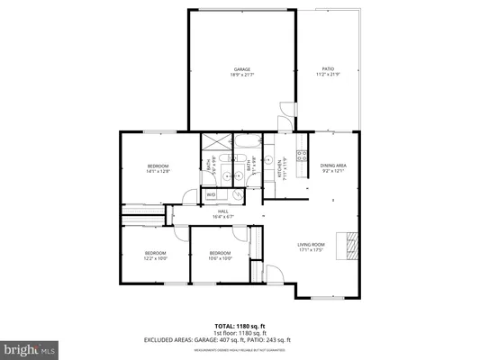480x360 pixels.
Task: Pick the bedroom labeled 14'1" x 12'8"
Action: tap(158, 168)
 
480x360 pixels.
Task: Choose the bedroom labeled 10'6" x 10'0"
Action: tap(221, 256)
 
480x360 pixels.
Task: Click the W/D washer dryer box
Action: tap(211, 194)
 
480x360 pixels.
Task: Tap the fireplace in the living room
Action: tap(345, 245)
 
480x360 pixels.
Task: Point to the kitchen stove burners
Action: tap(303, 158)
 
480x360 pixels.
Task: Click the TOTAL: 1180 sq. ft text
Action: tap(239, 324)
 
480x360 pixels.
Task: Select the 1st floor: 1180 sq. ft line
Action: tap(239, 332)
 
